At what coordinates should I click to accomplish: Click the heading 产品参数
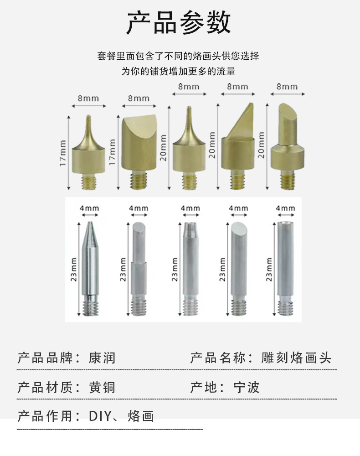(179, 23)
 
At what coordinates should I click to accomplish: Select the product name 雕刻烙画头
(297, 358)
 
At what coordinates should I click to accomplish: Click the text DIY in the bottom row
(97, 416)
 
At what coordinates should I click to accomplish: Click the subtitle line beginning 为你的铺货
(178, 71)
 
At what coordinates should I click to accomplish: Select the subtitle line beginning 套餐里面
(178, 57)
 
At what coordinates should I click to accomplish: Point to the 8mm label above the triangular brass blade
(237, 87)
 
